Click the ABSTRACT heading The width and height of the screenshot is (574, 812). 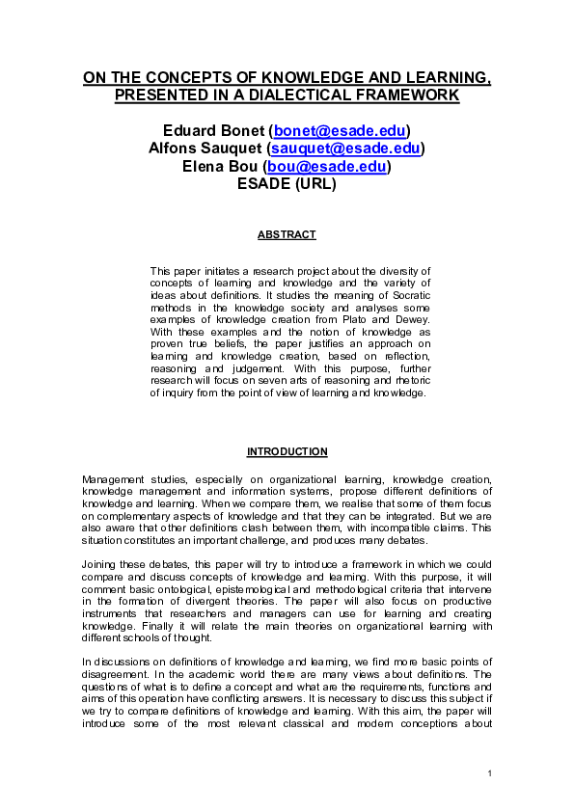tap(287, 234)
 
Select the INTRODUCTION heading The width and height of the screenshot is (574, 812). tap(287, 451)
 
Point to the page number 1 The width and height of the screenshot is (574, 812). tap(490, 774)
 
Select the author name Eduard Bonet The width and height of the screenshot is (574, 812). tap(215, 130)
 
